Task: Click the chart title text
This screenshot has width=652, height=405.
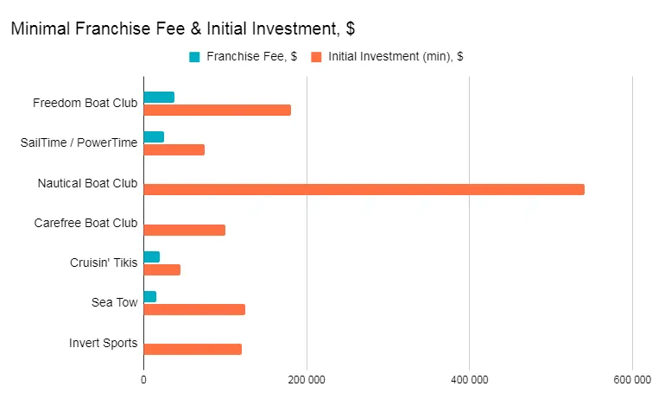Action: click(182, 28)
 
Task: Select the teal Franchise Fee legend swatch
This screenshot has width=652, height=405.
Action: click(194, 57)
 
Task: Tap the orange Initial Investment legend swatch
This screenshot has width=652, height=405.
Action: click(316, 57)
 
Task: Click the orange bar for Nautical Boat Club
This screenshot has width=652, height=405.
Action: click(364, 190)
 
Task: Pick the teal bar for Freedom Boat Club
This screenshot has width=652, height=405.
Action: click(159, 97)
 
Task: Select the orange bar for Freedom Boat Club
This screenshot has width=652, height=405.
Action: click(217, 110)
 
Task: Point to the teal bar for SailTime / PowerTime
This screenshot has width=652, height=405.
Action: click(154, 136)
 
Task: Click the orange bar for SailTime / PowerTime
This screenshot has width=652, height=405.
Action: click(174, 149)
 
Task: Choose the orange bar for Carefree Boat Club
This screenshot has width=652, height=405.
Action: click(184, 230)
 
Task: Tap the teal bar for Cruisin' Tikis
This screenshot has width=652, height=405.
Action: click(151, 256)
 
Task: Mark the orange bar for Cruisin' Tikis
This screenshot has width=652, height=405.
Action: click(161, 269)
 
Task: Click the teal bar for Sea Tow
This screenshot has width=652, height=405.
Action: click(149, 296)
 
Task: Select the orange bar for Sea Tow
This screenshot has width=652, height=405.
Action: click(194, 309)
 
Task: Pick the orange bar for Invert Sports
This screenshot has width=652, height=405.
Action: click(193, 349)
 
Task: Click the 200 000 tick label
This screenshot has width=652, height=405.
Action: click(306, 379)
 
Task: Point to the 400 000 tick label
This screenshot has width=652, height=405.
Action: click(469, 379)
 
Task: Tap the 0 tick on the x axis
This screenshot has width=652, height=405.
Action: click(143, 379)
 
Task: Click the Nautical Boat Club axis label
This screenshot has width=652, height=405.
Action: click(87, 183)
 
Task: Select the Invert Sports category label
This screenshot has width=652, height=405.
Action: click(103, 343)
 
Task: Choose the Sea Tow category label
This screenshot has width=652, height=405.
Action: click(114, 302)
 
